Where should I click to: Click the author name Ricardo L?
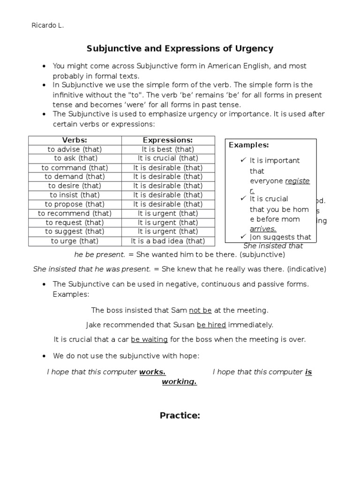coord(47,26)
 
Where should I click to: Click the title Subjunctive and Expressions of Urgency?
coord(180,48)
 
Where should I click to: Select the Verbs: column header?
coord(75,140)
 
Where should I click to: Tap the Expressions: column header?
coord(168,140)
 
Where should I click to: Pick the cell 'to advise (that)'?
coord(75,149)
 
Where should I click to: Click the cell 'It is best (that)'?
coord(168,149)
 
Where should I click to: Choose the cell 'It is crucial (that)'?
coord(168,158)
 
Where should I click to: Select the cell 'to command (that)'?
coord(75,167)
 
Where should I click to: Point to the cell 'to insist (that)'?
coord(75,195)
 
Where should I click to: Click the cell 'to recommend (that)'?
coord(75,213)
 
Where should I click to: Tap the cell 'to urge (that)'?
coord(75,241)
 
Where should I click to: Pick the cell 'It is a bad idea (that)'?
coord(168,241)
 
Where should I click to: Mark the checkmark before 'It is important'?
coord(243,160)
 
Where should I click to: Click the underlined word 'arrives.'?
coord(263,228)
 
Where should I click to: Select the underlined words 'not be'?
coord(201,310)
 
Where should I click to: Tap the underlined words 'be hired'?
coord(211,324)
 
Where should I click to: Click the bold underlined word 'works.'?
coord(152,372)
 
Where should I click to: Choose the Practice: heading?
coord(180,415)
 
